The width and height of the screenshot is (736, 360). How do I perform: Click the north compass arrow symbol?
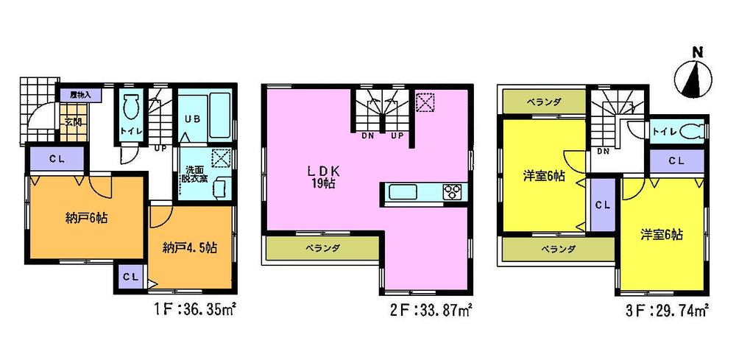point(693,77)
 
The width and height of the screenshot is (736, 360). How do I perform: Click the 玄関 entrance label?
point(72,122)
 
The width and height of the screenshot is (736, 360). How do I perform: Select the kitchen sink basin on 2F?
point(405,193)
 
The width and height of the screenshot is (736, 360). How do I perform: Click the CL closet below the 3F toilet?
point(676,160)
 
